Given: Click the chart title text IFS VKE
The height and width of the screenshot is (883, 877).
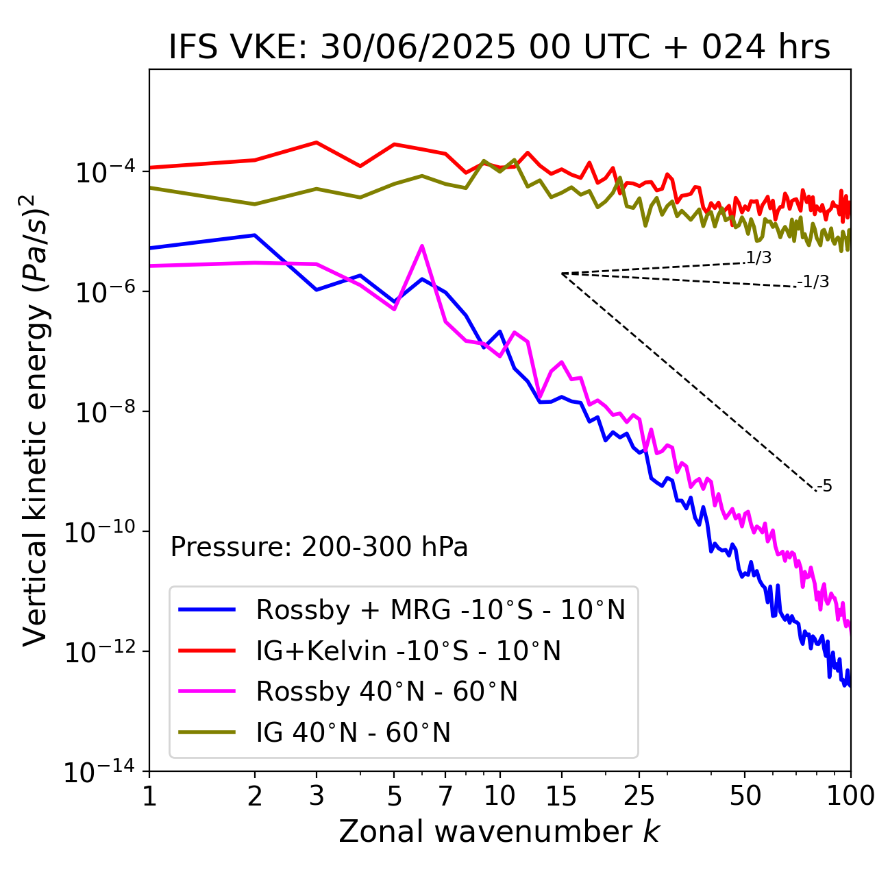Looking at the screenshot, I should [499, 48].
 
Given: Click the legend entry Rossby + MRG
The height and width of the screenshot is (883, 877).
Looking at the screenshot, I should [440, 609].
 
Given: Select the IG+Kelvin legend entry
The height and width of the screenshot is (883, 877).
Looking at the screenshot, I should [408, 651].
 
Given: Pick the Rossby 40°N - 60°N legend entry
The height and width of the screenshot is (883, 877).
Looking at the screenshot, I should [386, 692].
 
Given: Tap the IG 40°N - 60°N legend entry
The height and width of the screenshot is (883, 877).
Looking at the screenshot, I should [353, 733].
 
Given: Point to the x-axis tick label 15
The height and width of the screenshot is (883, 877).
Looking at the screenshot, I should [561, 796].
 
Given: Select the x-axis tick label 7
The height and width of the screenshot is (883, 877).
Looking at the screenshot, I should [445, 796].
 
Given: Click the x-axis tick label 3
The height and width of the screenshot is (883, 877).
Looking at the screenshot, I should [317, 796].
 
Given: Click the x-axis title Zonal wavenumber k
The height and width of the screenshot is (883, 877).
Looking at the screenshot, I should [499, 832].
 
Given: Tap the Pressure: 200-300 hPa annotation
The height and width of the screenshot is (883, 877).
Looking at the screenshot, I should [319, 547].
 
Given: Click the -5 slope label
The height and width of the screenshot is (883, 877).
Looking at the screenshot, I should [825, 486].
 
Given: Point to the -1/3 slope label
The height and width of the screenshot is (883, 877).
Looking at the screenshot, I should [814, 281].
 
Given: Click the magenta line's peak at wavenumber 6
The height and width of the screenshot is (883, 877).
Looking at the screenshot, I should [422, 245].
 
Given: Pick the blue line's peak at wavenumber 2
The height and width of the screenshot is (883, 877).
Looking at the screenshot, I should [255, 235].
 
